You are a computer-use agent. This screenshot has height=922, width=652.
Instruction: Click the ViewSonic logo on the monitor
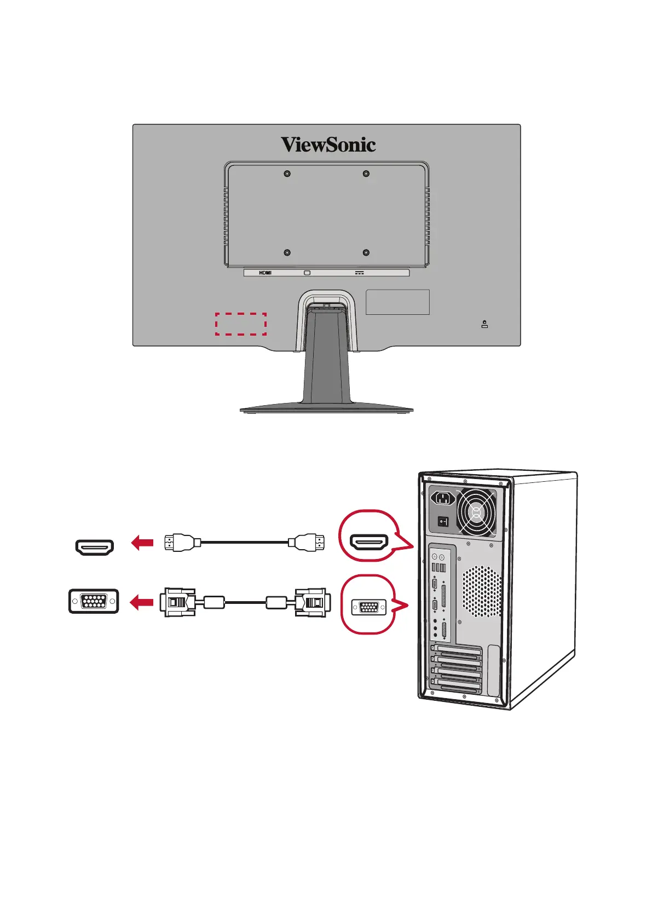pyautogui.click(x=328, y=145)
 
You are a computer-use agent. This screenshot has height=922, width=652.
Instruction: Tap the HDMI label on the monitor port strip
pyautogui.click(x=265, y=273)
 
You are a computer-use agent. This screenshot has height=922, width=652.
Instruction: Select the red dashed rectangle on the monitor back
pyautogui.click(x=240, y=324)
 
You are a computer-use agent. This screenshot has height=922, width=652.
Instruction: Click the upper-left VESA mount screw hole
pyautogui.click(x=287, y=174)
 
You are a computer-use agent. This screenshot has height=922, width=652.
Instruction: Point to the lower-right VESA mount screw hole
pyautogui.click(x=366, y=253)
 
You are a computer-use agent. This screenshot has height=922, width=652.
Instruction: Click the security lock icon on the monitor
pyautogui.click(x=484, y=324)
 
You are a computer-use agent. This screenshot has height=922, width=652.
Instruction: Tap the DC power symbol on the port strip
pyautogui.click(x=359, y=273)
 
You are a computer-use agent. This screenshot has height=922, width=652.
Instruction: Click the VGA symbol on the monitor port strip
pyautogui.click(x=307, y=273)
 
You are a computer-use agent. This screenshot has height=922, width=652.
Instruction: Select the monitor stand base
pyautogui.click(x=326, y=408)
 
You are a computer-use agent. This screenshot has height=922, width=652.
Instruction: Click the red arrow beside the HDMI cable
pyautogui.click(x=142, y=543)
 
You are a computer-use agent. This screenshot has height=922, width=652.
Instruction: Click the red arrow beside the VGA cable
pyautogui.click(x=141, y=603)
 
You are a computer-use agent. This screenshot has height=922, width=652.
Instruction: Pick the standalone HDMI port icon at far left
pyautogui.click(x=94, y=547)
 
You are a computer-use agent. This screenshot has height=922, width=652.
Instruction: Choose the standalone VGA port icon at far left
pyautogui.click(x=94, y=602)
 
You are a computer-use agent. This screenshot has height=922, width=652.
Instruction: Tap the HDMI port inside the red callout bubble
pyautogui.click(x=370, y=542)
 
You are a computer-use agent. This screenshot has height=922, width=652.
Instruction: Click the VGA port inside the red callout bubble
pyautogui.click(x=368, y=607)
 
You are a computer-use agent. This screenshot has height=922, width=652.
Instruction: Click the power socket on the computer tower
pyautogui.click(x=444, y=499)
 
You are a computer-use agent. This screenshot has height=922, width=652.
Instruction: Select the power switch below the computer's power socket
pyautogui.click(x=443, y=522)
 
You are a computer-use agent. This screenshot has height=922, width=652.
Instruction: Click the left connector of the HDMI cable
pyautogui.click(x=178, y=543)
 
